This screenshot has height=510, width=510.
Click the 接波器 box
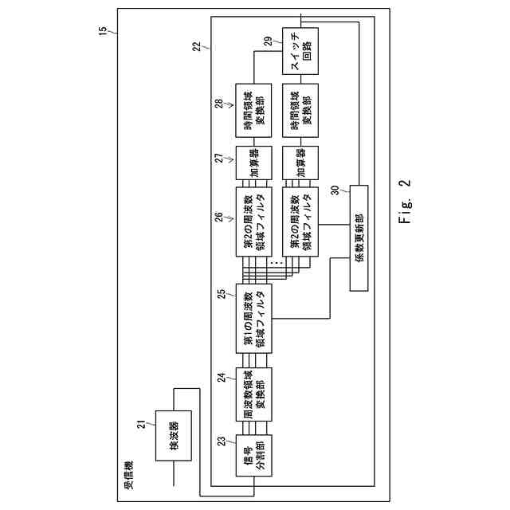click(x=174, y=436)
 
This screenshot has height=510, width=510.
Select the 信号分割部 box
click(x=253, y=455)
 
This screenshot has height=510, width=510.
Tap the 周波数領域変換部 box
click(x=253, y=394)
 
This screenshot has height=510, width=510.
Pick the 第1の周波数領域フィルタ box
click(x=253, y=319)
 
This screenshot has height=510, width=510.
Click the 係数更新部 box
click(x=359, y=238)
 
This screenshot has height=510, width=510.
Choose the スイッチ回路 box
click(x=300, y=51)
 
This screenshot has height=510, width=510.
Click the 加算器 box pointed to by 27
click(x=253, y=163)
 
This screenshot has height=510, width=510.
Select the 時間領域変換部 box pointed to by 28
click(x=253, y=110)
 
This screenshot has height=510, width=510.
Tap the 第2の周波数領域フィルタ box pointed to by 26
click(x=253, y=222)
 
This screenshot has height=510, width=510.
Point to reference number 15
click(x=103, y=30)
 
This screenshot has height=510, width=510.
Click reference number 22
click(x=197, y=46)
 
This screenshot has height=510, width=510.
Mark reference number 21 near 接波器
click(x=142, y=425)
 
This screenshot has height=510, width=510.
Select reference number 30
click(x=335, y=190)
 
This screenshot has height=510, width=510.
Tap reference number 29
click(x=268, y=41)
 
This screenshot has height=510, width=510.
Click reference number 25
click(x=222, y=294)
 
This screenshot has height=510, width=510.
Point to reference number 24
click(x=222, y=378)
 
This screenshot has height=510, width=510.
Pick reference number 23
click(x=222, y=441)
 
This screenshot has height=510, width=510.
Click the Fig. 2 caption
click(x=405, y=202)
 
